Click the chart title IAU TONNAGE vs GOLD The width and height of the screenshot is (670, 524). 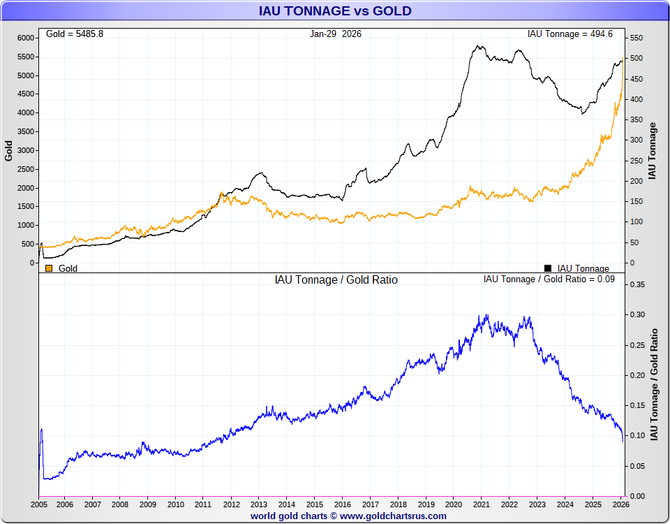[335, 11]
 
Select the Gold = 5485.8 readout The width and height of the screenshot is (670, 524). [75, 34]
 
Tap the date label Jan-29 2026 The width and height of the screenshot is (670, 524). [336, 34]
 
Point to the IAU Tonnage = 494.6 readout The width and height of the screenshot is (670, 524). [570, 34]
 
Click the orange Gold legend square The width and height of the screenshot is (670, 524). [49, 268]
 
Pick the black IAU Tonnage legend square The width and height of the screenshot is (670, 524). [548, 268]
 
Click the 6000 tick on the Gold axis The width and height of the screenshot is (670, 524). [26, 38]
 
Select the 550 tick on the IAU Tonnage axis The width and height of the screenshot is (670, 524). [637, 38]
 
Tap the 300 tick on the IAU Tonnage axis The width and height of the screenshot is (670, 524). [637, 140]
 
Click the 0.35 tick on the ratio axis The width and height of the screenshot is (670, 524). [638, 285]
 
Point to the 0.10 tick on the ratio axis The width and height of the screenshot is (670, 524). [638, 436]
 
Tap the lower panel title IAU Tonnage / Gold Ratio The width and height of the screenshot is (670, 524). [336, 280]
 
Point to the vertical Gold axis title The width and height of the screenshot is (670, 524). [9, 151]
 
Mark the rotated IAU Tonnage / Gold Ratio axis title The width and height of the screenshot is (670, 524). [655, 384]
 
